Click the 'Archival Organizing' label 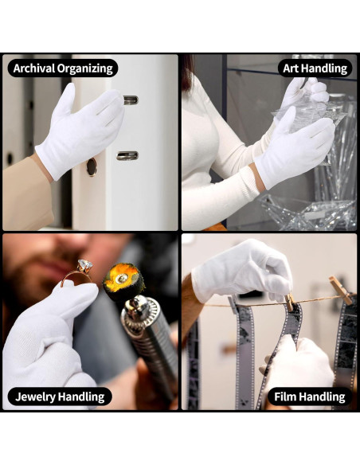[x=63, y=68]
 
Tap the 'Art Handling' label [x=315, y=68]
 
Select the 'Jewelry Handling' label [x=60, y=397]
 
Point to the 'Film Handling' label [x=310, y=397]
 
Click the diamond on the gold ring [x=84, y=265]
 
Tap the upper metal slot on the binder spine [x=131, y=100]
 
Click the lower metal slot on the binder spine [x=127, y=155]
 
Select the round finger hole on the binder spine [x=92, y=166]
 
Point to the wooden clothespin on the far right [x=341, y=290]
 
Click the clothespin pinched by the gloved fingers [x=289, y=303]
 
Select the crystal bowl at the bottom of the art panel [x=307, y=212]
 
